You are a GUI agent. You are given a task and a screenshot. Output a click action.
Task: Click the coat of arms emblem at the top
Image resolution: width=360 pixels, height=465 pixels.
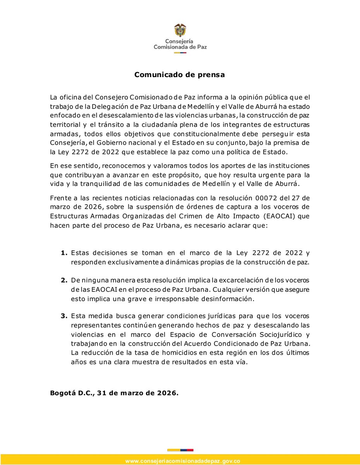180,30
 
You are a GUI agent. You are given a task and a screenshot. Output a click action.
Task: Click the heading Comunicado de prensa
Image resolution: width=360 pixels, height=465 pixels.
180,75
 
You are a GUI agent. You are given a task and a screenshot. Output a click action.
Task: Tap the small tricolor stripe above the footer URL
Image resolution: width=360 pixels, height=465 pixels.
180,450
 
